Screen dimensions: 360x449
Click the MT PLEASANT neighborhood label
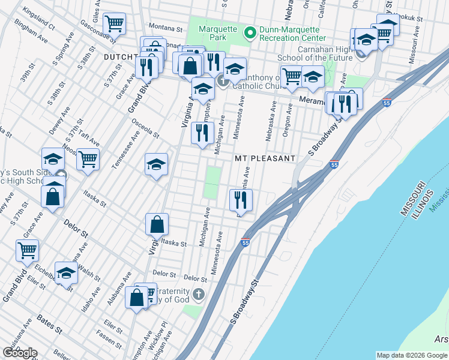(265, 158)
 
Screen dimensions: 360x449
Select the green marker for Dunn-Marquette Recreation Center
(250, 32)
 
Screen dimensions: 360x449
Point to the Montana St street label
(166, 28)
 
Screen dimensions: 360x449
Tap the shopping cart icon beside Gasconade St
(114, 25)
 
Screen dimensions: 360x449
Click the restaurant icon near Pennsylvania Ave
(241, 199)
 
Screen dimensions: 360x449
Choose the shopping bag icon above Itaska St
(157, 224)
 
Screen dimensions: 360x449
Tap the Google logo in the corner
(20, 353)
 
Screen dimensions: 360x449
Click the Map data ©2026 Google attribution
(411, 355)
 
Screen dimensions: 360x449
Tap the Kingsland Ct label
(38, 19)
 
